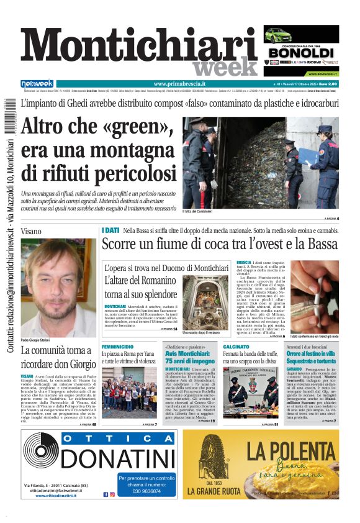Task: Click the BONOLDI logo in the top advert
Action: (301, 53)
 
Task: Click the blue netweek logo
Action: (37, 84)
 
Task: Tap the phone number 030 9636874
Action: (147, 491)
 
